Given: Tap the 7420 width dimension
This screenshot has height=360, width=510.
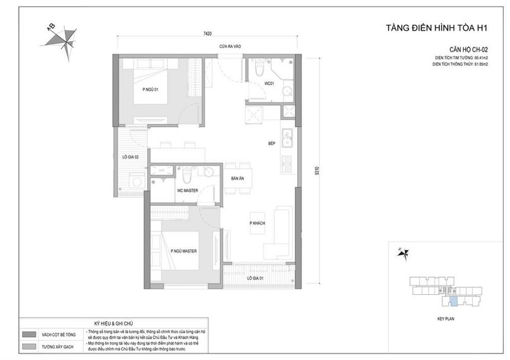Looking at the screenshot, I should (207, 33).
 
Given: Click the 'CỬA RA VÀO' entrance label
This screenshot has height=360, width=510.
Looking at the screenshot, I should (230, 47).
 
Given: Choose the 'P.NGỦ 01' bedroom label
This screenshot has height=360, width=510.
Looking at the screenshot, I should (150, 89).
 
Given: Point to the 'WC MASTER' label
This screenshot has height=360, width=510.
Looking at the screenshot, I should (187, 190).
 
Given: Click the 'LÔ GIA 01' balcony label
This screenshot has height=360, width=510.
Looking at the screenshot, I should (255, 278).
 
